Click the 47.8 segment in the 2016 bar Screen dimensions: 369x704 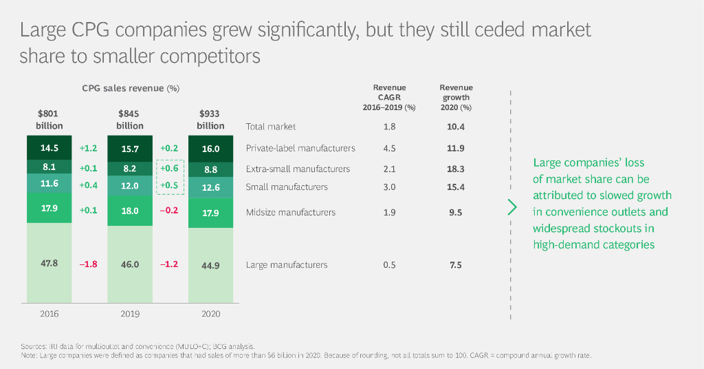49,264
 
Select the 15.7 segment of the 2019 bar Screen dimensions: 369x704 130,149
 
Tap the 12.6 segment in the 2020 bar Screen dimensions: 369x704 210,187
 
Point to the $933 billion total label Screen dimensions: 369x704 210,119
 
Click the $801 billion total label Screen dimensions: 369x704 49,119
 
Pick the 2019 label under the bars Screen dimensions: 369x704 130,314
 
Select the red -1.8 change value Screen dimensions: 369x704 88,264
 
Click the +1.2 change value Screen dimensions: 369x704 88,148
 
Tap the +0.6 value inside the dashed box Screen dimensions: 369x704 169,169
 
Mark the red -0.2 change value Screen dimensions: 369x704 169,211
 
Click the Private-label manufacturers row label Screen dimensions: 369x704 300,148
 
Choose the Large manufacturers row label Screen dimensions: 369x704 287,265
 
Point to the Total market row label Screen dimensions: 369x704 271,127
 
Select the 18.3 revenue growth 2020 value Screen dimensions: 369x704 456,169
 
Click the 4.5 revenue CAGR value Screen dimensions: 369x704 389,148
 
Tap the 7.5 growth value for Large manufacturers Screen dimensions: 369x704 456,265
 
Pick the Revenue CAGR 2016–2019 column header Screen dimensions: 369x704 389,97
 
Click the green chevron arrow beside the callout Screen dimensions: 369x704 511,207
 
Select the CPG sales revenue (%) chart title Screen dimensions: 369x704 131,88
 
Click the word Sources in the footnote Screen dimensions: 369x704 32,346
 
